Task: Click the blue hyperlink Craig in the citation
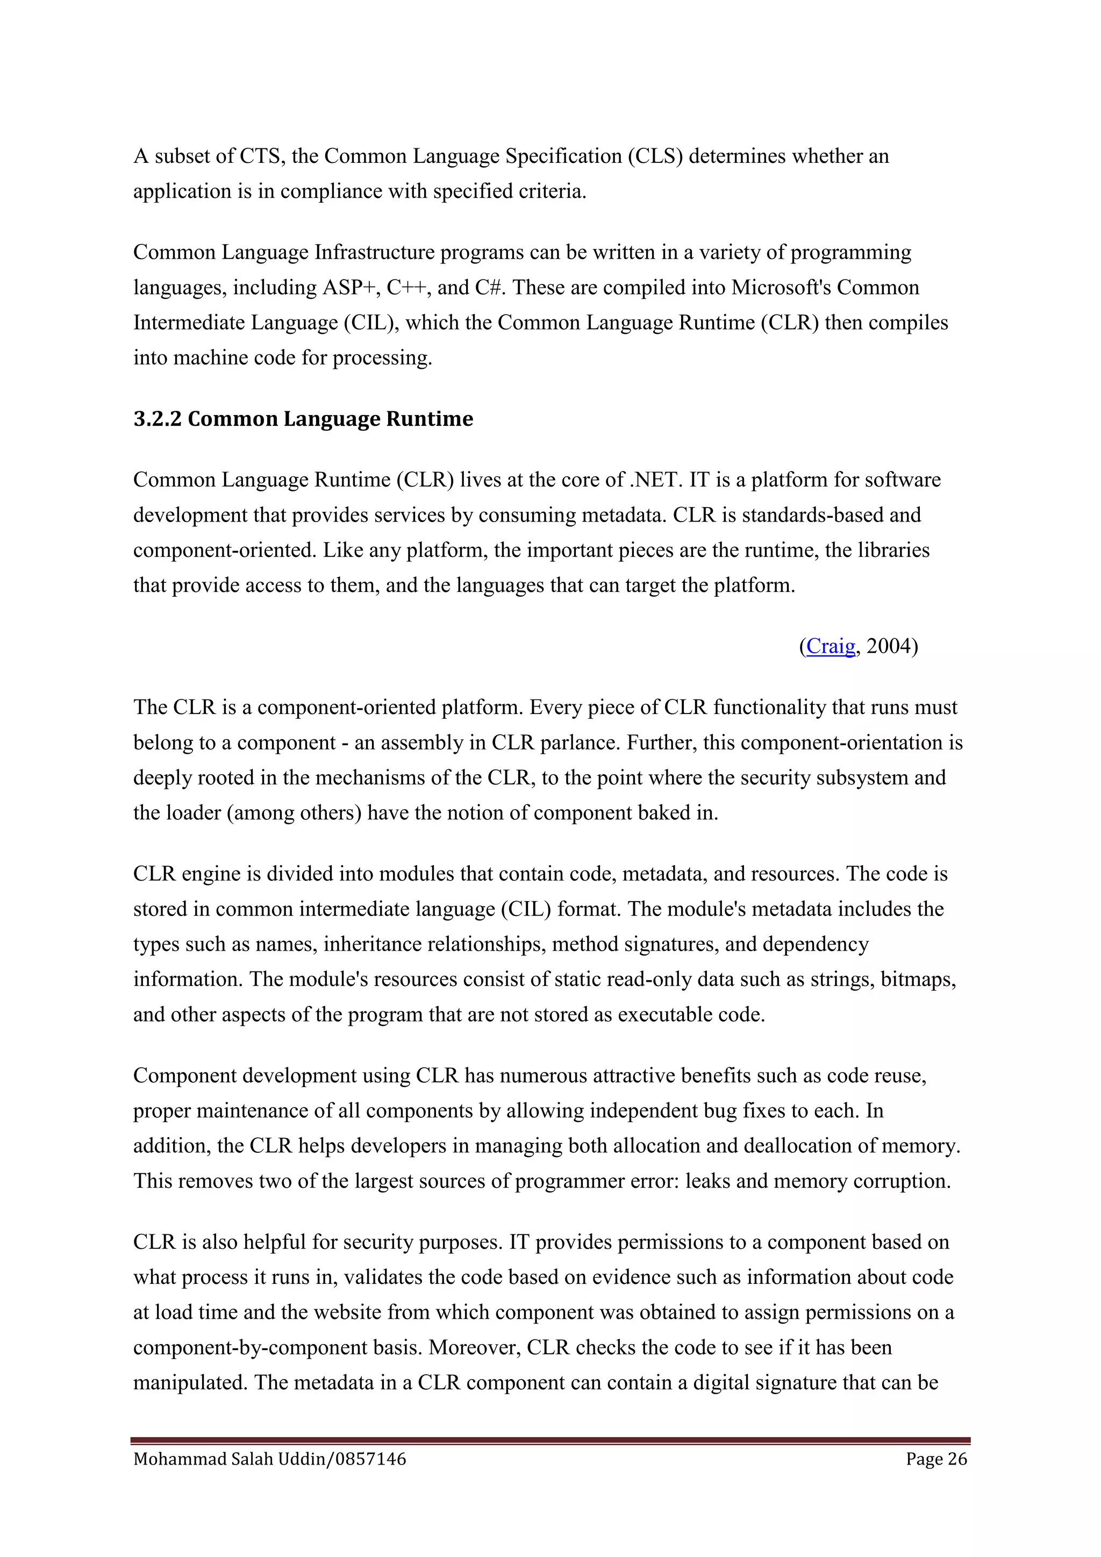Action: [831, 646]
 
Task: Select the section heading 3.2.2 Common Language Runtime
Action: [303, 419]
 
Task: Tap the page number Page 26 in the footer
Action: [936, 1459]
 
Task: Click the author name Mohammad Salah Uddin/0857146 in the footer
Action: [270, 1459]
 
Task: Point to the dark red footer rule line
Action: [550, 1440]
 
